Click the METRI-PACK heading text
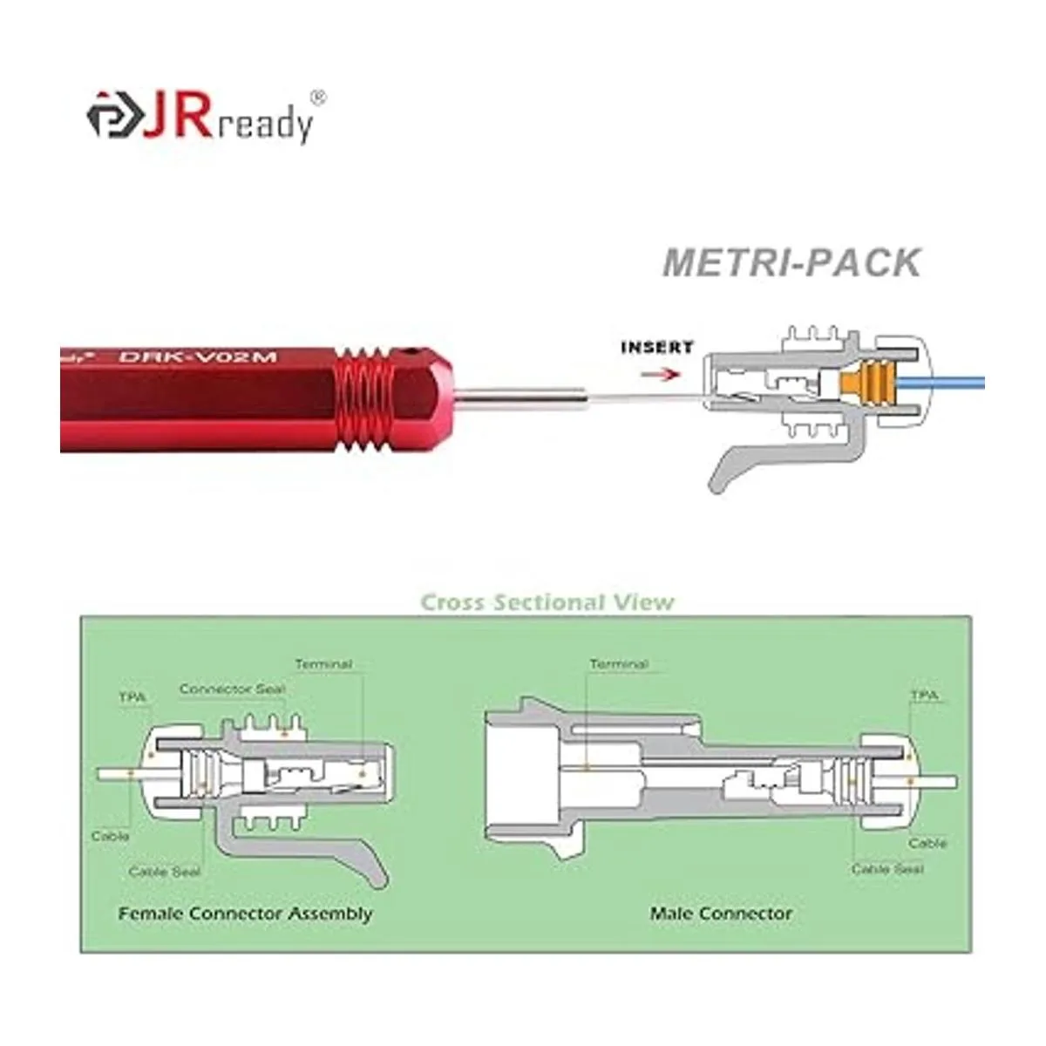point(791,262)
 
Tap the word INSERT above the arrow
point(656,348)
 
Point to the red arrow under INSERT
point(660,373)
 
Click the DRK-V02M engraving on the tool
point(197,357)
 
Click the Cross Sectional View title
point(547,602)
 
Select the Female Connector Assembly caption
point(245,914)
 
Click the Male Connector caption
point(721,914)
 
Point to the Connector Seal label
point(232,689)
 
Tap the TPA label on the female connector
point(132,698)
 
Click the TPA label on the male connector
point(924,696)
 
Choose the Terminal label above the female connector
point(323,665)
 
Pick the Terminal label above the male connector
point(619,665)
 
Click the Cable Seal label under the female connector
point(164,872)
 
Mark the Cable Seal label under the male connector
point(887,869)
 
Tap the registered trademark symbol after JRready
point(318,98)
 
